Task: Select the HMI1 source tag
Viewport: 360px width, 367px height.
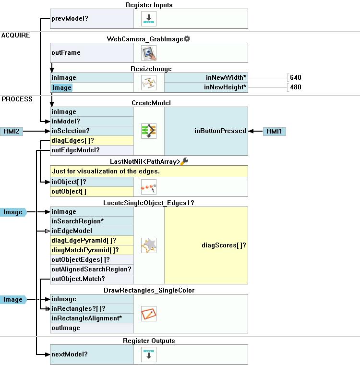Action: coord(275,131)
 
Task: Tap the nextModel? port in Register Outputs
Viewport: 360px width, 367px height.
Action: coord(70,355)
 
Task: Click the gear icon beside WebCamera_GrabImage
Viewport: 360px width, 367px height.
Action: coord(187,38)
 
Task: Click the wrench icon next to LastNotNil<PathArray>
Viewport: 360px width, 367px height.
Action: coord(185,161)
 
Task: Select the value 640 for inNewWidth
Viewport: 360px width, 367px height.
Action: coord(296,77)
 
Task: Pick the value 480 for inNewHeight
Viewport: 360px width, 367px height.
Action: coord(296,87)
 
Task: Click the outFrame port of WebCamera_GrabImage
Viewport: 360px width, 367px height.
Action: coord(66,53)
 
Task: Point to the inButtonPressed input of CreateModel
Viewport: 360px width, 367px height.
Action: coord(220,131)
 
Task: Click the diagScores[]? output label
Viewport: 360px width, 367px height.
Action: coord(224,245)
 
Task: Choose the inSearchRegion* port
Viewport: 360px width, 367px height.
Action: coord(77,221)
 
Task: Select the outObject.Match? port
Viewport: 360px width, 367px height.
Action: coord(78,279)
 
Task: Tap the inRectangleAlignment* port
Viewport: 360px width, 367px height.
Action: coord(86,318)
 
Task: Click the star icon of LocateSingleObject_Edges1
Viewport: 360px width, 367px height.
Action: coord(149,245)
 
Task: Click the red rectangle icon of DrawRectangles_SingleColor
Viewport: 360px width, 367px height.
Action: coord(149,314)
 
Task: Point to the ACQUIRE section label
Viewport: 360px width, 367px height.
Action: coord(15,35)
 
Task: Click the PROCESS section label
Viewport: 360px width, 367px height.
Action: coord(17,99)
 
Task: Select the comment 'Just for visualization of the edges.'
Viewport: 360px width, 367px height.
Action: coord(106,171)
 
